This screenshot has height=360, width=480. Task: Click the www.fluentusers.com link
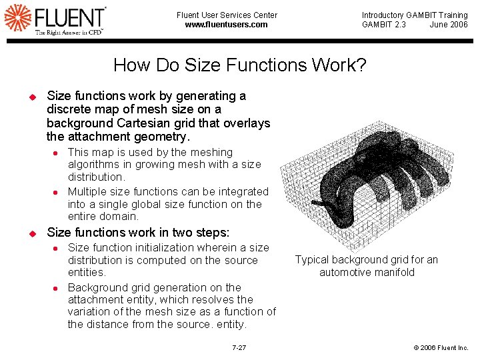coord(227,25)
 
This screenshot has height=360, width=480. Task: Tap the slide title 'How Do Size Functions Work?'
coord(240,65)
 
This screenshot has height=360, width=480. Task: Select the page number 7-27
coord(239,348)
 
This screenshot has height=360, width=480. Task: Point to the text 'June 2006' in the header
coord(449,25)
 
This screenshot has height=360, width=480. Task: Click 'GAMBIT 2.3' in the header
coord(383,25)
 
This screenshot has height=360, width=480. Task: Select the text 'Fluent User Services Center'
coord(227,15)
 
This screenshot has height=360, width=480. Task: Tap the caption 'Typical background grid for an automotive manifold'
coord(367,266)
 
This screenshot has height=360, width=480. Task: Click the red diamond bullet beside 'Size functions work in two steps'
coord(31,233)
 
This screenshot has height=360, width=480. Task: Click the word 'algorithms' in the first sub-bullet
coord(91,165)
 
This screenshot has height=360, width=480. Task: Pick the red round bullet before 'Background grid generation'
coord(57,288)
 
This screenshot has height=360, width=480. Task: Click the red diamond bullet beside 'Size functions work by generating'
coord(31,97)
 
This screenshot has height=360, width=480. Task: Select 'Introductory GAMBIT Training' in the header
coord(415,15)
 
